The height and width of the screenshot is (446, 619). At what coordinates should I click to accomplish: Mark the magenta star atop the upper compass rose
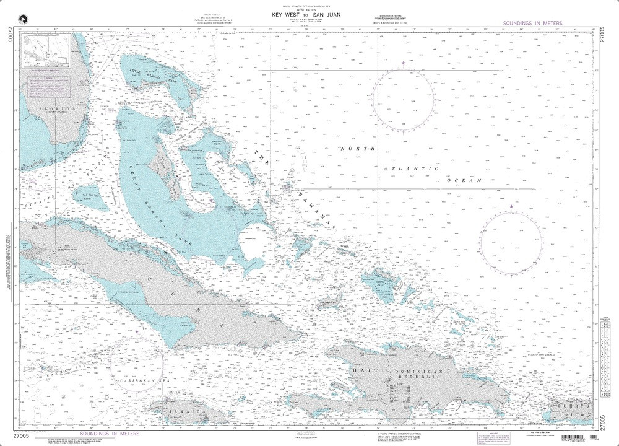point(404,63)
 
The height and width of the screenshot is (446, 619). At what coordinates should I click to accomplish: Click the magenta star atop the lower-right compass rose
point(511,206)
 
